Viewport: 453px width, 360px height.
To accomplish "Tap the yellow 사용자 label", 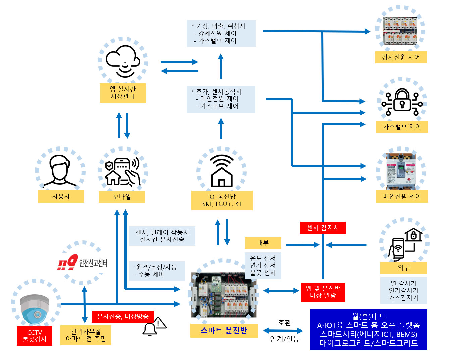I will coord(61,196).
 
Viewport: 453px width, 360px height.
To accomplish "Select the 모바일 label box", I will coord(122,197).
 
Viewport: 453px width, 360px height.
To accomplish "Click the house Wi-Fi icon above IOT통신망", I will coord(221,171).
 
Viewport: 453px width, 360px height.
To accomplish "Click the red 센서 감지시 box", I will coord(323,228).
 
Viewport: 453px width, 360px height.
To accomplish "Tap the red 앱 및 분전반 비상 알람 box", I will coord(323,292).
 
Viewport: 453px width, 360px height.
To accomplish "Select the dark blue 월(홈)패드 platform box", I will coord(368,330).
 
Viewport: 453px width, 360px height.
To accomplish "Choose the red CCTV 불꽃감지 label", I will coord(35,336).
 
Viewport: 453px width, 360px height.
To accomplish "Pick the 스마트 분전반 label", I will coord(224,331).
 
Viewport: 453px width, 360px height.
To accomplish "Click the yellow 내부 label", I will coord(263,243).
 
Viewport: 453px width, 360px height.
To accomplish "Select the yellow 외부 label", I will coord(403,268).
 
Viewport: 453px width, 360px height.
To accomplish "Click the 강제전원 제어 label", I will coord(401,57).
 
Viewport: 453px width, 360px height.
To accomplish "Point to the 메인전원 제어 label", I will coord(402,196).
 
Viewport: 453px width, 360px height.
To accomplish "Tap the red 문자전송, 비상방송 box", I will coord(123,316).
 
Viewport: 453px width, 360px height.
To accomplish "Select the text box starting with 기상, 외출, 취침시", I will coord(221,34).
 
